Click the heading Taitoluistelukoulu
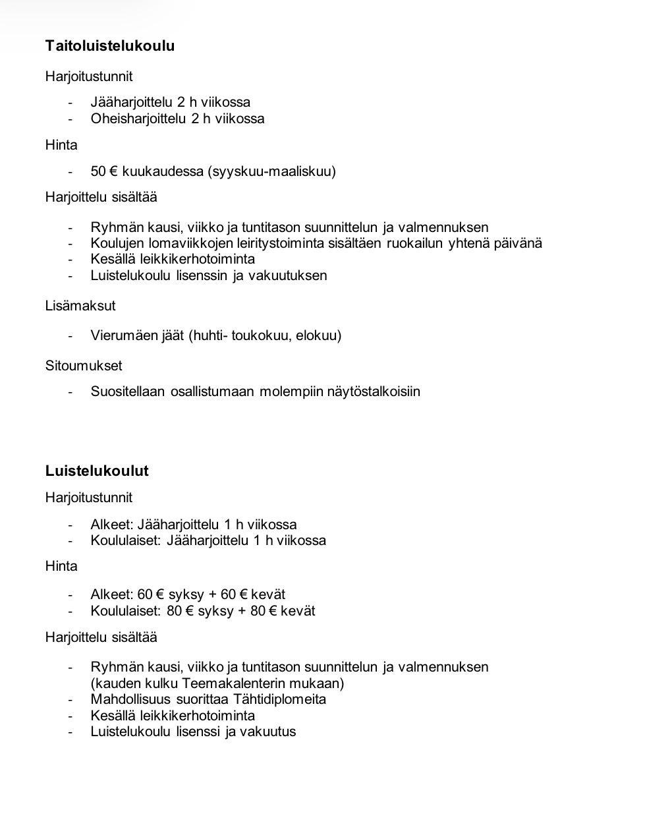(x=110, y=46)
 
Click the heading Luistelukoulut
(x=97, y=471)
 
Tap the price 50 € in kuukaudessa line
(x=103, y=172)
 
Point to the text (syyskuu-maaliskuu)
(x=271, y=172)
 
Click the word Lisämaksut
(x=80, y=306)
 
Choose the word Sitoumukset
(x=84, y=366)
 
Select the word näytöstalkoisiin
(x=374, y=391)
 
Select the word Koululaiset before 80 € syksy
(x=126, y=611)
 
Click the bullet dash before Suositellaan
(x=70, y=391)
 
